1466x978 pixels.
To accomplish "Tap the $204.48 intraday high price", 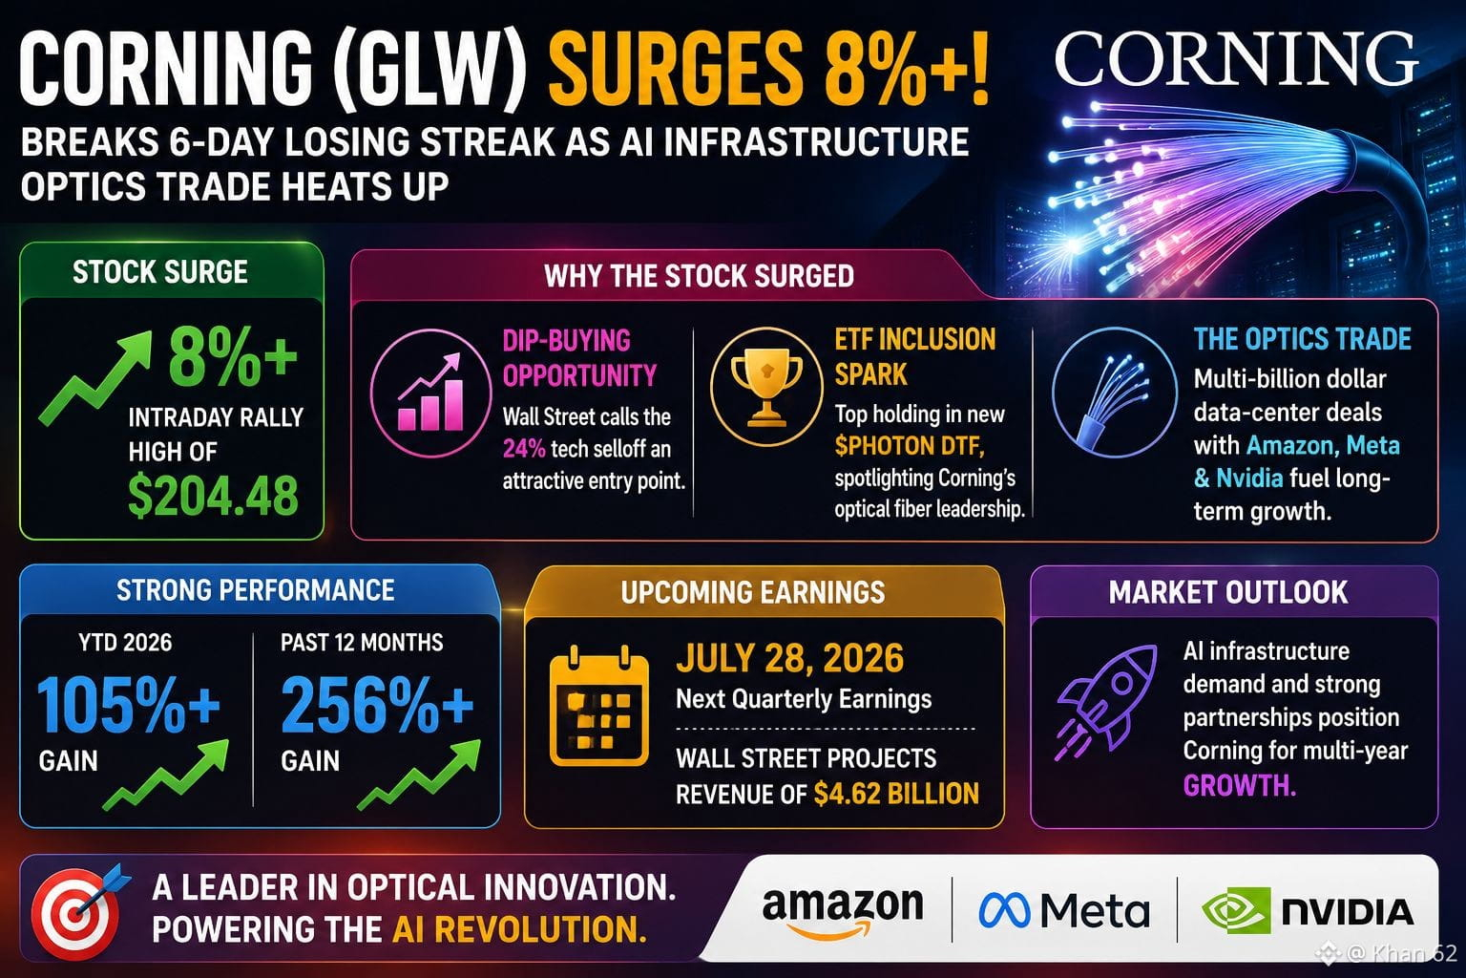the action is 213,496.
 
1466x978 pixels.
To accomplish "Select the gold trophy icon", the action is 766,388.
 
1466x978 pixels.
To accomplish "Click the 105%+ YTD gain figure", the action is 128,704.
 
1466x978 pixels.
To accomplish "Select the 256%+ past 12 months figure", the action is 377,704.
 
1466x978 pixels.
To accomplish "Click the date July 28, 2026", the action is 790,658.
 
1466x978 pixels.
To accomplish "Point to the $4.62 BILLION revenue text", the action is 896,794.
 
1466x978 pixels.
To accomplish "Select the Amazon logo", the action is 843,912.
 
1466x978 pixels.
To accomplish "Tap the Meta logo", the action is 1064,910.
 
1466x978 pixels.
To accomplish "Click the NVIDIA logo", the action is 1308,910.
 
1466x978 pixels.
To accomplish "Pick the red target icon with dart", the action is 78,910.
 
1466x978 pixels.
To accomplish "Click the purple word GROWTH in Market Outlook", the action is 1239,785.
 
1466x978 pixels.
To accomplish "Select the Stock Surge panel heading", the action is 159,272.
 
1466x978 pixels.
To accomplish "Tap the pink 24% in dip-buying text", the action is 524,449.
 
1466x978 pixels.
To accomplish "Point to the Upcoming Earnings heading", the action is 753,592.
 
